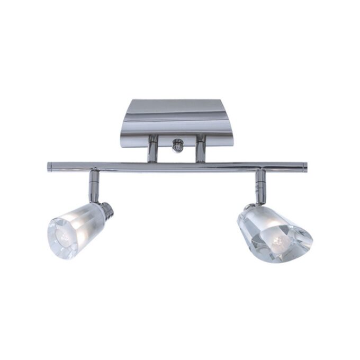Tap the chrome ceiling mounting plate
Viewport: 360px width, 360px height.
(x=177, y=119)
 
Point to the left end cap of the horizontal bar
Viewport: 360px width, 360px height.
(x=50, y=166)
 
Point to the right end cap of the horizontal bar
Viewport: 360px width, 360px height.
(x=304, y=167)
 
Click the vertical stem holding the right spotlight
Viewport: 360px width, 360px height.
(x=260, y=186)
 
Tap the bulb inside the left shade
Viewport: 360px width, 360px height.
(x=65, y=237)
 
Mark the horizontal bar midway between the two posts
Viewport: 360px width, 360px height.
(x=176, y=167)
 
